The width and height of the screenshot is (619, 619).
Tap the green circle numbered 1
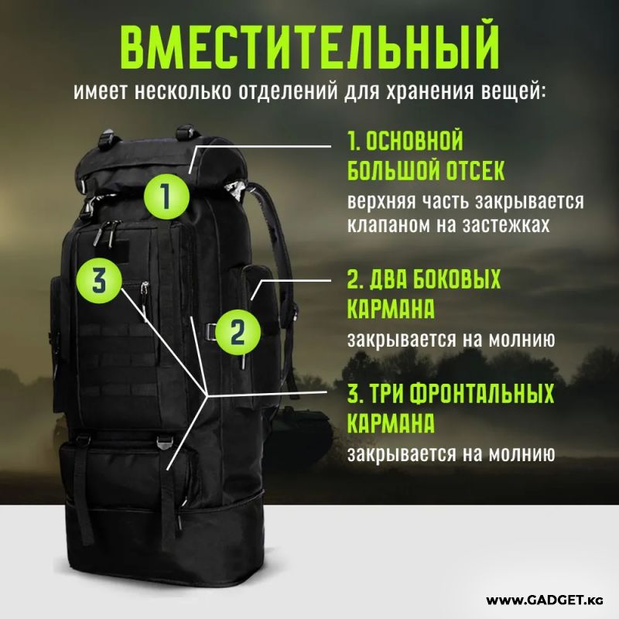point(166,197)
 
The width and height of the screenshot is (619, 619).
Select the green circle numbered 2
point(238,333)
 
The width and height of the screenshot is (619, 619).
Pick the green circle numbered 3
point(100,281)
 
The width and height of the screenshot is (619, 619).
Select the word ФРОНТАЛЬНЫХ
point(481,393)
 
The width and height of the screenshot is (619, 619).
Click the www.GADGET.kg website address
point(545,600)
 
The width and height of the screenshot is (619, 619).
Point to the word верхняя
point(381,201)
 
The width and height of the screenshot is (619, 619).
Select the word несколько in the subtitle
point(183,91)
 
